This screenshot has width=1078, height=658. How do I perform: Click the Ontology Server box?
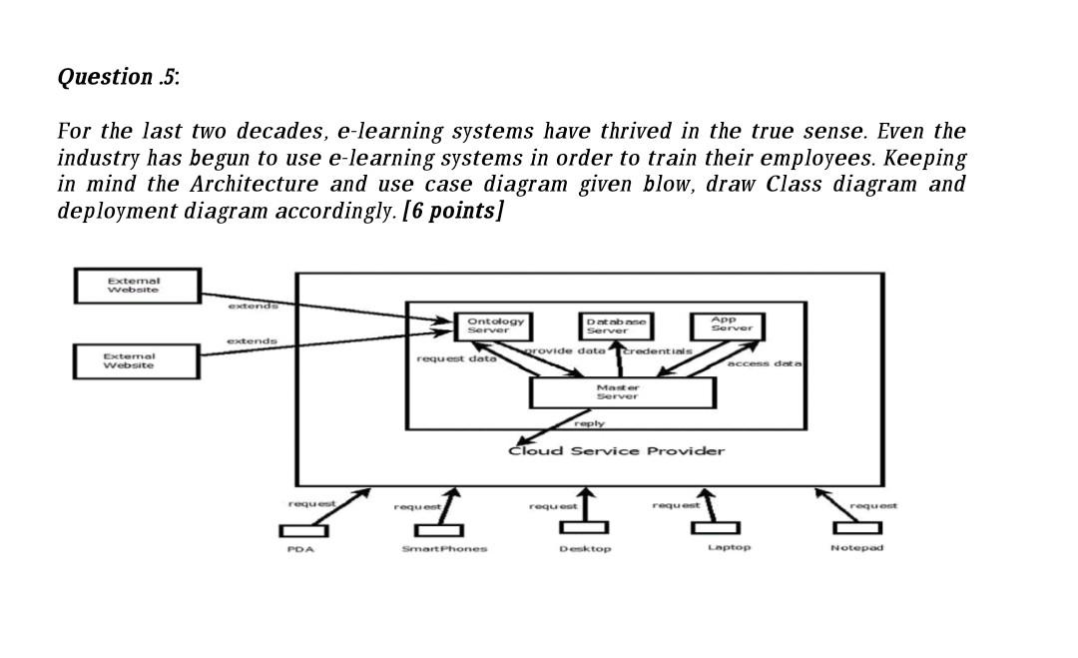point(495,326)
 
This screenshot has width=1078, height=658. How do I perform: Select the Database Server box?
point(616,326)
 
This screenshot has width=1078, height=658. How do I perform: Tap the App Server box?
point(726,326)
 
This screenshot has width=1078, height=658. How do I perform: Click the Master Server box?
point(621,391)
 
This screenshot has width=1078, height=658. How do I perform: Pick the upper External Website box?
point(138,286)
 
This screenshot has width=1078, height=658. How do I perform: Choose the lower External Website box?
point(138,360)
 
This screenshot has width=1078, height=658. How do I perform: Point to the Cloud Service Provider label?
point(616,450)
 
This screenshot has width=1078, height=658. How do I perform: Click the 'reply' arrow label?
point(590,423)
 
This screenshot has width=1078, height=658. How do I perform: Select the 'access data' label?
point(765,364)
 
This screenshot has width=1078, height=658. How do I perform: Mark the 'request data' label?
point(456,357)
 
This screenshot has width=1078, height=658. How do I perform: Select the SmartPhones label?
point(444,549)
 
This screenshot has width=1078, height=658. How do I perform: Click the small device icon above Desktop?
point(585,528)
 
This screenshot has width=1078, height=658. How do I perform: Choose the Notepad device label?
point(856,548)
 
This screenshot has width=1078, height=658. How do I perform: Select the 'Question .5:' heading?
point(119,77)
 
